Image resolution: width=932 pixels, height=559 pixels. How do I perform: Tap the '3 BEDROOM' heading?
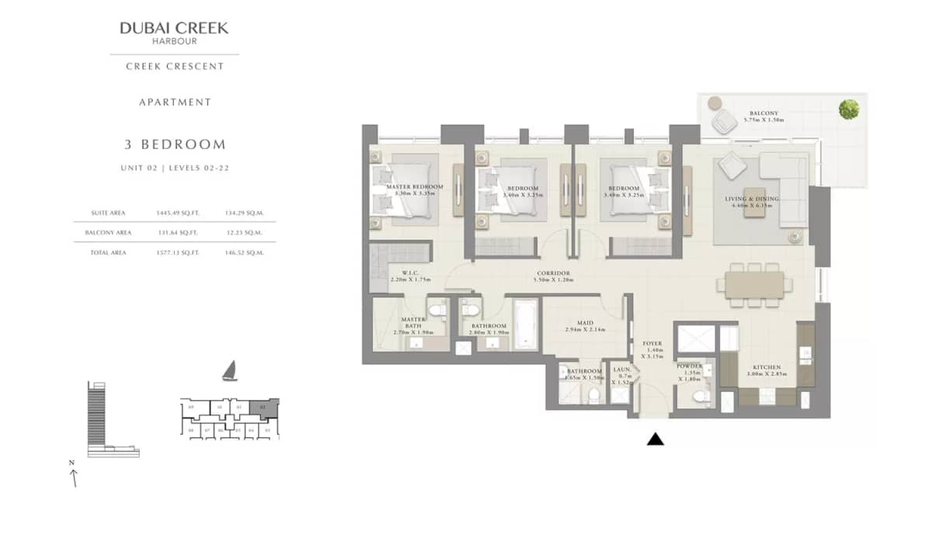(x=175, y=144)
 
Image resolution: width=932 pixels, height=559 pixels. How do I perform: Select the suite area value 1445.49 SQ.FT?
(x=178, y=212)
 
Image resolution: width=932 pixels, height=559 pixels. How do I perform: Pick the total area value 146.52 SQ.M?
(x=244, y=252)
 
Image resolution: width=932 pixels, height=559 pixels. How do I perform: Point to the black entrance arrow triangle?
(x=656, y=439)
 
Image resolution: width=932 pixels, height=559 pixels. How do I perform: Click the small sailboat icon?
(x=229, y=371)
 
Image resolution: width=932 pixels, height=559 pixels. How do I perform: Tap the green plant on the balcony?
(x=849, y=109)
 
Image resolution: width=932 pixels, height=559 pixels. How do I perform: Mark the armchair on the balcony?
(x=725, y=120)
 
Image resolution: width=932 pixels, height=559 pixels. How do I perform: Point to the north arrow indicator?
(x=74, y=474)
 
